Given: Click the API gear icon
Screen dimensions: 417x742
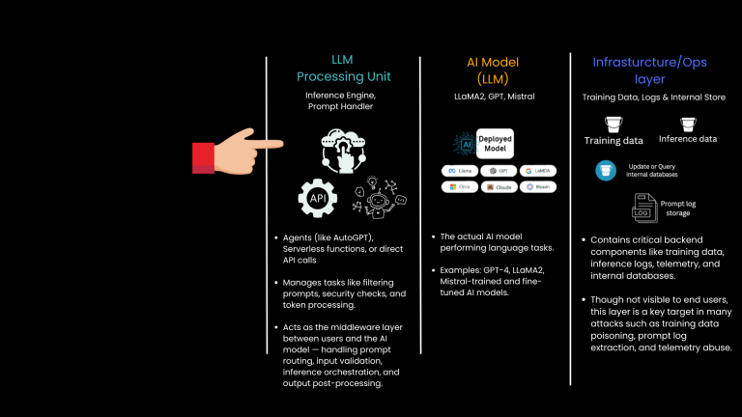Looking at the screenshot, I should click(x=317, y=197).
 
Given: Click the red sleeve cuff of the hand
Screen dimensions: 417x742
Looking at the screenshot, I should click(x=203, y=154).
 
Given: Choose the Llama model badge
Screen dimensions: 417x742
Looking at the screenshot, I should click(x=460, y=170).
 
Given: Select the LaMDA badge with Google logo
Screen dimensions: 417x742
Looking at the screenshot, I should click(x=537, y=170).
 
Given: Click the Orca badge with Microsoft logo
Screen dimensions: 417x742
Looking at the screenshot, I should click(x=460, y=186).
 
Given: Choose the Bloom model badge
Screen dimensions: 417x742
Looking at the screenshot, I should click(x=537, y=186).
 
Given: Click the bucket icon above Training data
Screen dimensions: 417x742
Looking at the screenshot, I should click(x=613, y=124).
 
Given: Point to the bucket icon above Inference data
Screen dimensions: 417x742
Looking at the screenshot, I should click(x=688, y=124).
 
